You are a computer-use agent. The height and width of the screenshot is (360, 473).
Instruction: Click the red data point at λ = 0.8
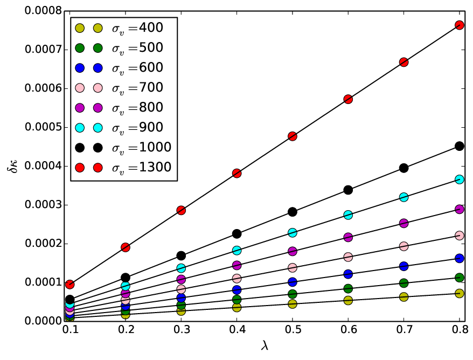coord(459,25)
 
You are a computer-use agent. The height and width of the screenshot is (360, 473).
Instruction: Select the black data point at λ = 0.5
coord(293,212)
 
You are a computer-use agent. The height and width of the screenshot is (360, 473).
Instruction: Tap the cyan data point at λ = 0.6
coord(348,215)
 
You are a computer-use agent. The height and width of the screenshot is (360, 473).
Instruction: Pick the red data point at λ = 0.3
coord(181,210)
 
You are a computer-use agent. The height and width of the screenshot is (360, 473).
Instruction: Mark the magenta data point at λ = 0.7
coord(404,223)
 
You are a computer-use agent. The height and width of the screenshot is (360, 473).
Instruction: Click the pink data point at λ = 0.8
coord(459,236)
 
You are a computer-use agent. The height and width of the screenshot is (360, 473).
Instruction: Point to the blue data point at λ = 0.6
coord(348,274)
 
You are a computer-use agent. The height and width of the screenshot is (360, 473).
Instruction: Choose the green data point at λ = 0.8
coord(459,278)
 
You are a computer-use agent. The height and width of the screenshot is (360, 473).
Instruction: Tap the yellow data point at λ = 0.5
coord(293,304)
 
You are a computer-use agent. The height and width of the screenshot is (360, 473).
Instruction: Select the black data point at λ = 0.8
coord(459,147)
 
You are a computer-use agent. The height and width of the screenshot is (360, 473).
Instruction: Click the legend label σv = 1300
coord(142,168)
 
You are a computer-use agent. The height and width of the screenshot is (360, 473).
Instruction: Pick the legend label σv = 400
coord(137,28)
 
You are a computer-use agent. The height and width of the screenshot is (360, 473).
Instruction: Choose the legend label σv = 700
coord(137,88)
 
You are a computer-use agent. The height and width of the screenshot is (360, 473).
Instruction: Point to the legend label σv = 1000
coord(142,148)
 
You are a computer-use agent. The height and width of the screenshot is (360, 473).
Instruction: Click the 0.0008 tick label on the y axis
coord(43,11)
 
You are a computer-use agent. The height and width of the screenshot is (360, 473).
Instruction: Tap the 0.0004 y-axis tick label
coord(43,166)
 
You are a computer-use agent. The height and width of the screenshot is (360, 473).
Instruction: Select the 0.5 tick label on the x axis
coord(293,330)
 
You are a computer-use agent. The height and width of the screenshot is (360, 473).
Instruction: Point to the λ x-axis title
coord(265,345)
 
